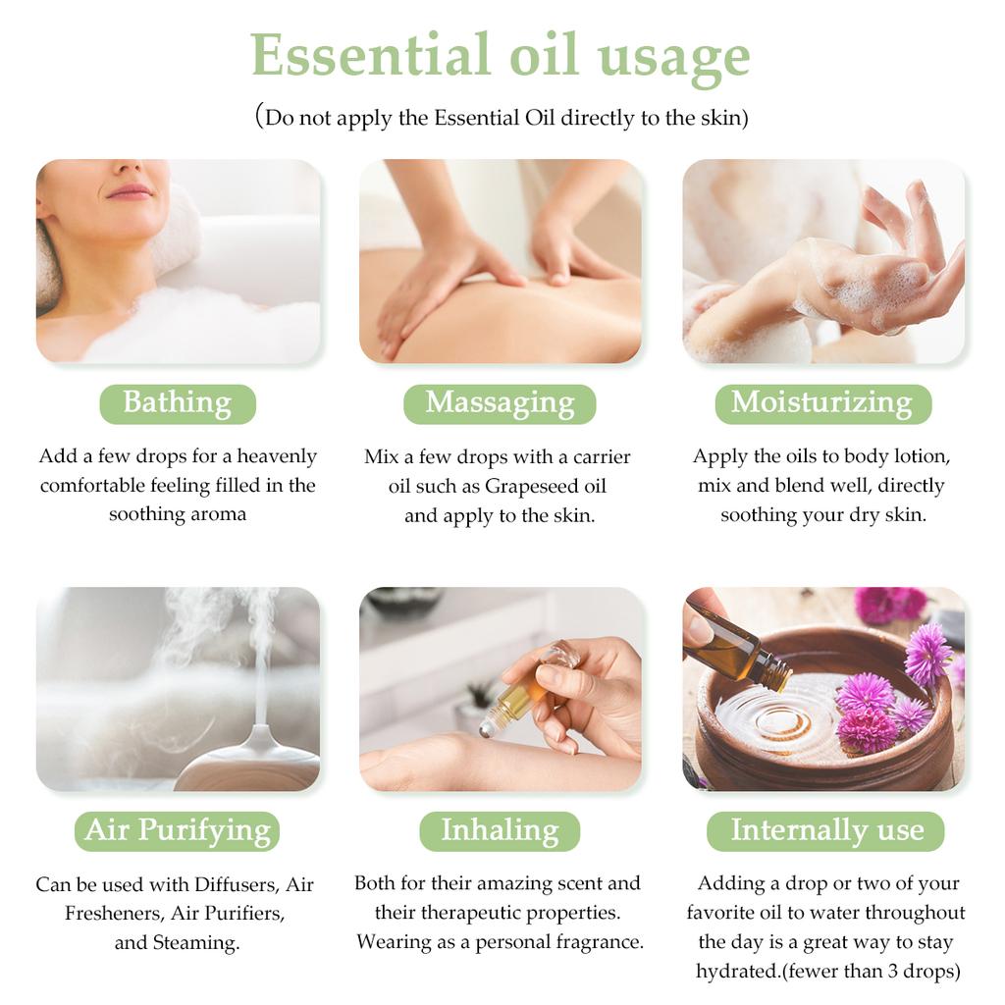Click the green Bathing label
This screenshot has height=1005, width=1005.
(178, 403)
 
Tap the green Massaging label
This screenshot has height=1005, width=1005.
(500, 403)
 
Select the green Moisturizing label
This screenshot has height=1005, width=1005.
(823, 403)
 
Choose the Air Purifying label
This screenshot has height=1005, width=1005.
(177, 831)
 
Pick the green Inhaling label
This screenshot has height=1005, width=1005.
(500, 831)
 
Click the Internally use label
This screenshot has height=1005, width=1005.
(825, 831)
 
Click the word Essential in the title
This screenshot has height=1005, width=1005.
(370, 55)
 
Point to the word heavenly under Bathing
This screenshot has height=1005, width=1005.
(277, 457)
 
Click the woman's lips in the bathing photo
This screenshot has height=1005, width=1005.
(131, 191)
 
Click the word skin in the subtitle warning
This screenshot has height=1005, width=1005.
(722, 118)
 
